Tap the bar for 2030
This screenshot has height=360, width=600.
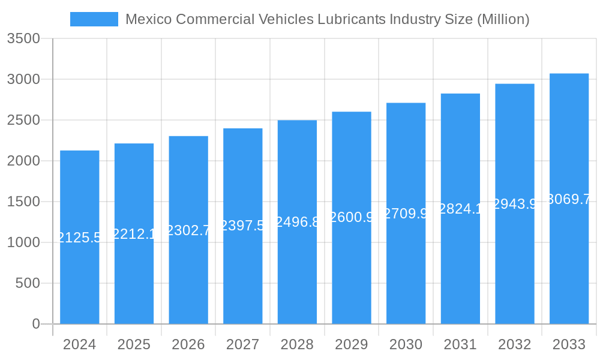406,270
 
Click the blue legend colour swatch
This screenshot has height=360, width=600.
94,19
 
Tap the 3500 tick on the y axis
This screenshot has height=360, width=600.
23,38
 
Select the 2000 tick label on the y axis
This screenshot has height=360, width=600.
23,161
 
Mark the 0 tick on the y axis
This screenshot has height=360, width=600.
35,324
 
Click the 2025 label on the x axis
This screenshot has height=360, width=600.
134,344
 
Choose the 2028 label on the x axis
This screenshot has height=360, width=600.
297,344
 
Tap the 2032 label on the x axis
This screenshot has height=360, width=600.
515,344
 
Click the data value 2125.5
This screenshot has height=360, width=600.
79,238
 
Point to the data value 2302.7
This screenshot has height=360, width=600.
188,230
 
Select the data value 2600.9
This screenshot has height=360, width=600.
352,217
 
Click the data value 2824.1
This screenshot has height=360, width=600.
460,209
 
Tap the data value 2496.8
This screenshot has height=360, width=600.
297,222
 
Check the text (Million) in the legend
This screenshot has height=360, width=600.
503,19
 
